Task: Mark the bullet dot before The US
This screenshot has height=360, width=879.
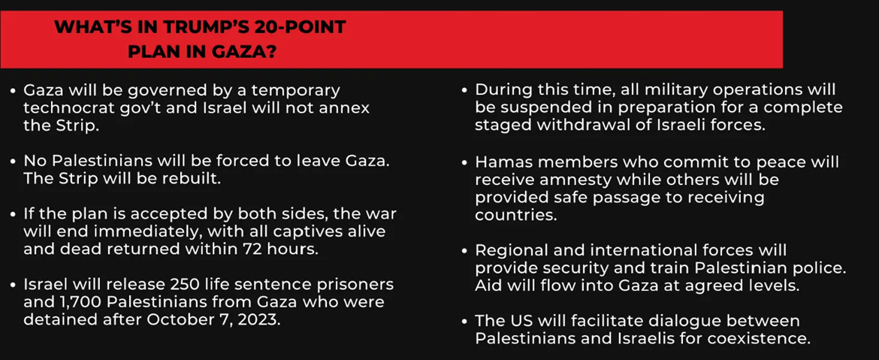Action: click(x=465, y=322)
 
